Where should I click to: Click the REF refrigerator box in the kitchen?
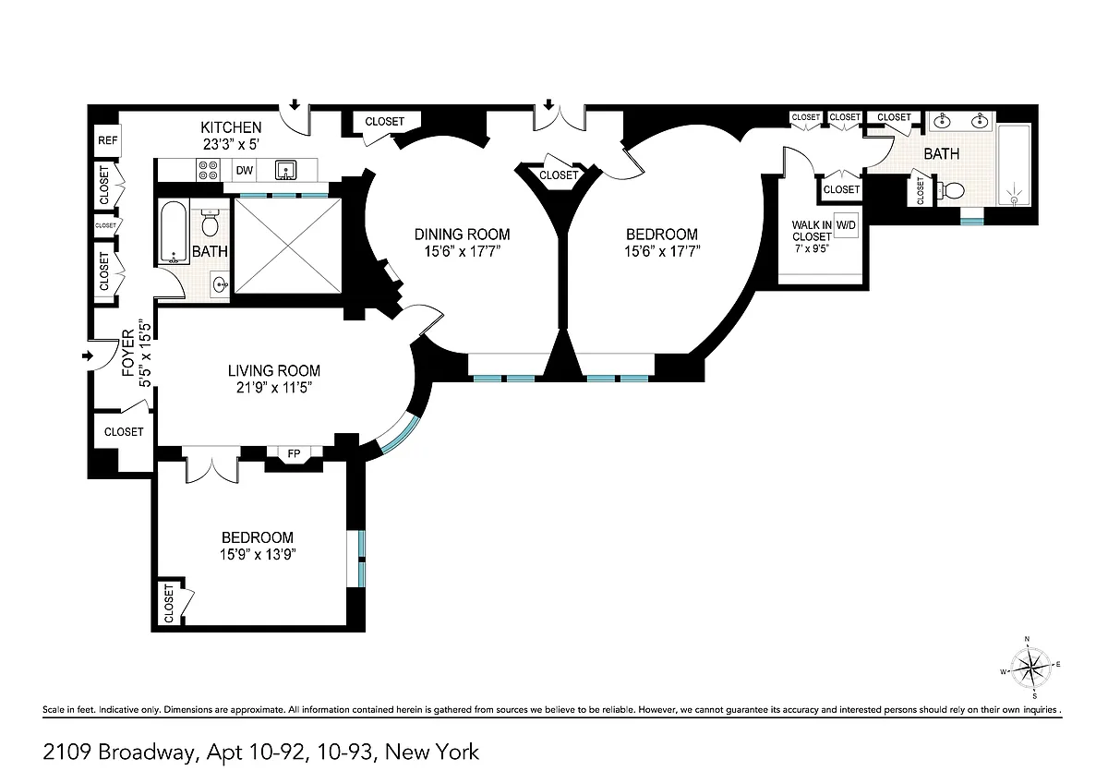[107, 140]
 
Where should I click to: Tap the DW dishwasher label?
[245, 171]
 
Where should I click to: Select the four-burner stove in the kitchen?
[209, 170]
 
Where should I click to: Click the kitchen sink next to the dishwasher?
[286, 170]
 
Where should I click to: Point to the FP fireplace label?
[294, 453]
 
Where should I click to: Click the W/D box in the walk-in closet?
[846, 225]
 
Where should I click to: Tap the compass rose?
[1030, 667]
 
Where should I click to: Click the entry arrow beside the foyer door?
[88, 355]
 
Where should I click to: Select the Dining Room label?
[462, 234]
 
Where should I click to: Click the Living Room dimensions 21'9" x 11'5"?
[274, 387]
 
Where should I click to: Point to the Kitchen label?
[231, 127]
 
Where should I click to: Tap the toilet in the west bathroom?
[211, 223]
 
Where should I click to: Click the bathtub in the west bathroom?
[175, 232]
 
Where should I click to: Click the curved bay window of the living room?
[400, 436]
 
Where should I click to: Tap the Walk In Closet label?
[812, 231]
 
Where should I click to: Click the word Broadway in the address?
[148, 753]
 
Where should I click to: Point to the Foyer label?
[128, 353]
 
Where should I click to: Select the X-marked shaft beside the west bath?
[288, 246]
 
